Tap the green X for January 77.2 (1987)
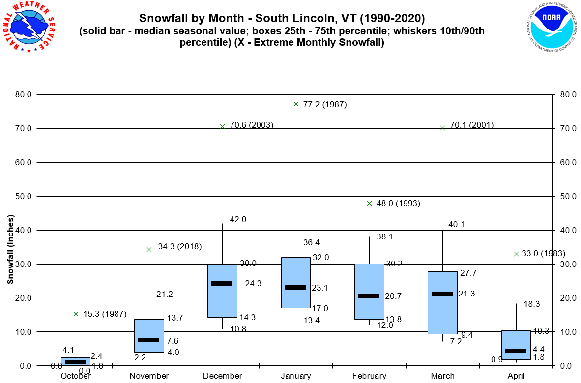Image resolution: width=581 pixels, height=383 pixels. (296, 104)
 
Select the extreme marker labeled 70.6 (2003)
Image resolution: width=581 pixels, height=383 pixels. (222, 126)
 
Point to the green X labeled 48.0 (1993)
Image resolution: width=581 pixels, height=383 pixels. (370, 203)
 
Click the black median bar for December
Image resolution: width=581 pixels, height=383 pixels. (222, 283)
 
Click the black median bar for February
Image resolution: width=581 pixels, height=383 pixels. (369, 295)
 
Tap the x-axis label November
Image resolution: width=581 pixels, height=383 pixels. (149, 376)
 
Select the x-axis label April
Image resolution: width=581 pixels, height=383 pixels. (516, 376)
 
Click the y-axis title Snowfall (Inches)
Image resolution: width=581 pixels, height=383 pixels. (10, 249)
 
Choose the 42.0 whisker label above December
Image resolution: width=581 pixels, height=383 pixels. (238, 220)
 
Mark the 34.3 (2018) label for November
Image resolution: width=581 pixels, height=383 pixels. (180, 246)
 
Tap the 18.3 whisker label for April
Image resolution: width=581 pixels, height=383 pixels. (532, 304)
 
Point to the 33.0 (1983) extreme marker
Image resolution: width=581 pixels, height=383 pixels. (517, 254)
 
